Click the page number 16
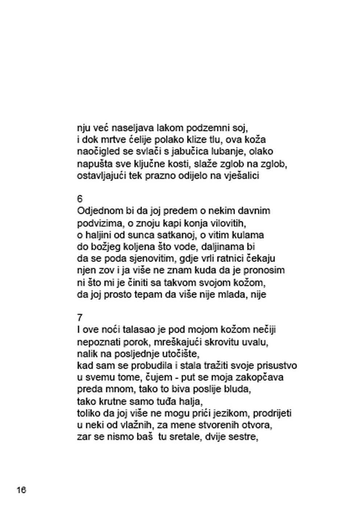click(21, 490)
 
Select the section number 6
click(80, 199)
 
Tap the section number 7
click(80, 318)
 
